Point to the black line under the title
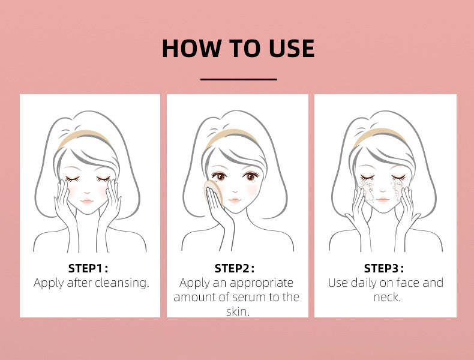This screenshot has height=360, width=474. (x=238, y=79)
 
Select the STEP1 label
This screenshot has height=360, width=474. (x=88, y=268)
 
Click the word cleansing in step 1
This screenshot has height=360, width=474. (x=121, y=283)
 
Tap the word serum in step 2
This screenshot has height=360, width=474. (x=252, y=298)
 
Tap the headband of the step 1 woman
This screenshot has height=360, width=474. (x=83, y=137)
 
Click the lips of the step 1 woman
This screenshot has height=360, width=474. (x=87, y=202)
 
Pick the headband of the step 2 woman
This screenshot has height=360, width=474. (x=232, y=137)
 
